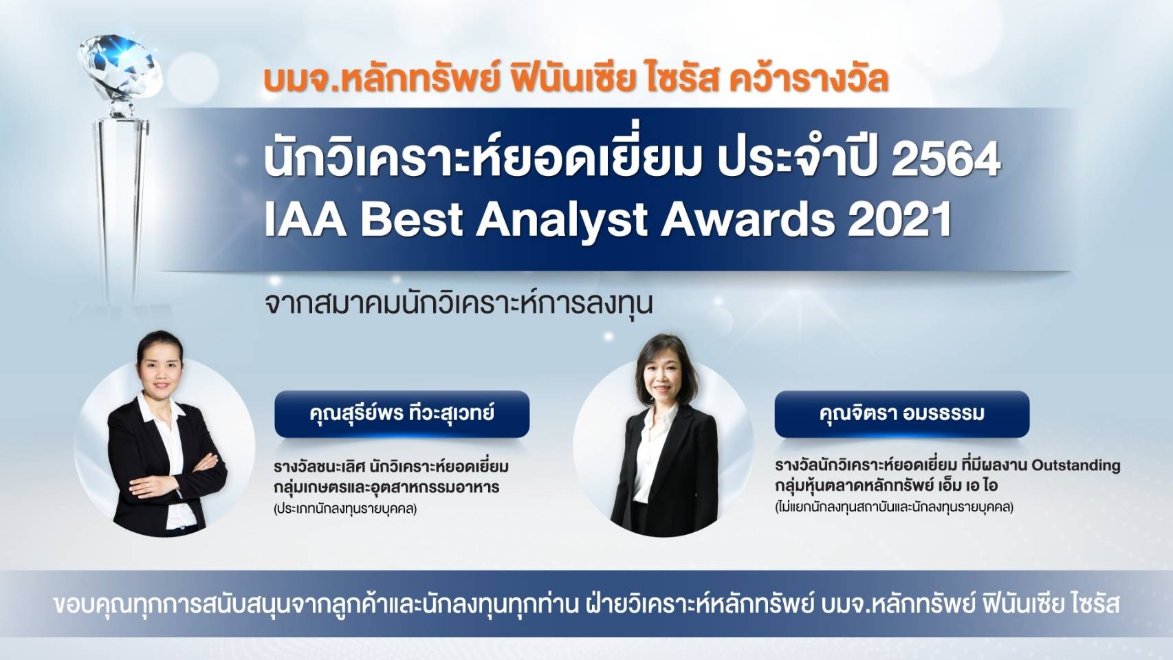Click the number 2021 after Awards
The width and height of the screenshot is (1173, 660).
(x=899, y=219)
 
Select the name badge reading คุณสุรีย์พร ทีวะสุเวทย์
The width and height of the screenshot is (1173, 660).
(x=402, y=414)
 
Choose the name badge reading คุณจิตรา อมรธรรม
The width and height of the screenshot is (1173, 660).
(x=901, y=414)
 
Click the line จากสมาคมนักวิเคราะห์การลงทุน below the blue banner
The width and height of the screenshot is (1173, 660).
(x=459, y=303)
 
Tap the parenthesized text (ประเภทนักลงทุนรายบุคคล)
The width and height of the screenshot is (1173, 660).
(x=345, y=509)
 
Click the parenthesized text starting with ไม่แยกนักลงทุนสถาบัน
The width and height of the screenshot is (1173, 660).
(x=894, y=507)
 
